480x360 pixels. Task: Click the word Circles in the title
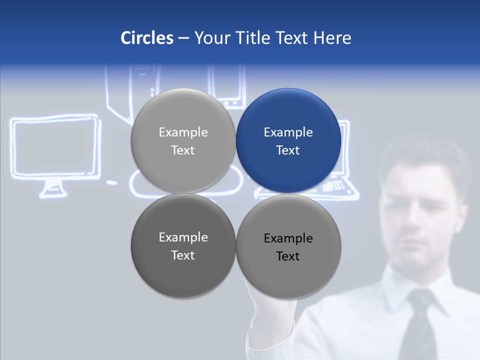(x=146, y=38)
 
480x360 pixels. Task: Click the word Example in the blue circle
(x=288, y=132)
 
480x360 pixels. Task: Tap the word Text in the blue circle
(x=288, y=150)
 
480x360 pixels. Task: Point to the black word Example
(x=288, y=238)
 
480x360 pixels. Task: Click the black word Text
(x=288, y=256)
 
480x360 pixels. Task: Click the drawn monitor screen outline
(x=55, y=147)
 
